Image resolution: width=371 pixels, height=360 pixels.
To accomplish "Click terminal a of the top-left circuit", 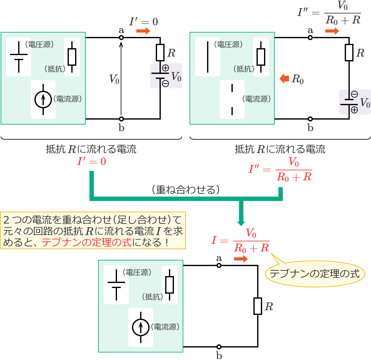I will [x=121, y=38].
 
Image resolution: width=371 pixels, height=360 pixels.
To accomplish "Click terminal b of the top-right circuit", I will [x=310, y=119].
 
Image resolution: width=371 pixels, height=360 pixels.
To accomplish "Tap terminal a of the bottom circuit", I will [x=219, y=265].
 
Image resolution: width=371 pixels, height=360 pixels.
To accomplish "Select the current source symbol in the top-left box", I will [x=43, y=99].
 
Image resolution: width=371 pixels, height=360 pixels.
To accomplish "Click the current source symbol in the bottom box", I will [x=140, y=327].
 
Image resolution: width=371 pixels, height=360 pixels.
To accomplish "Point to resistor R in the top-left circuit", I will [x=160, y=53].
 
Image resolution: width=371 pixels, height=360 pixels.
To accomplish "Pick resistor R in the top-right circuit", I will [x=349, y=53].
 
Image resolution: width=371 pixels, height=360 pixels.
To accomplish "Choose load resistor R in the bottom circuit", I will [x=258, y=306].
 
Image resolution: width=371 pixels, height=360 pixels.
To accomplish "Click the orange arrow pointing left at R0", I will [x=284, y=79].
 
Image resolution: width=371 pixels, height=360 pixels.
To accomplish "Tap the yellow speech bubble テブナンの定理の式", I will [x=315, y=274].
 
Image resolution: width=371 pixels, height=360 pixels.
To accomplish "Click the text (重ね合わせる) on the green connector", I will [x=186, y=190].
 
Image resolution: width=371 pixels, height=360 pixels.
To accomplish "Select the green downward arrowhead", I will [x=241, y=223].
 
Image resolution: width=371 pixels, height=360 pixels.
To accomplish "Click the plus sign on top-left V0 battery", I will [x=165, y=68].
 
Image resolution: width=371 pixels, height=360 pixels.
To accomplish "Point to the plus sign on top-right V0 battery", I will [x=354, y=110].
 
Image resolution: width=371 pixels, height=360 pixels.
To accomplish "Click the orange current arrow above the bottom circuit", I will [x=241, y=259].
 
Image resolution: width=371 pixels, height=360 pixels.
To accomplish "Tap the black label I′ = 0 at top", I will [x=144, y=22].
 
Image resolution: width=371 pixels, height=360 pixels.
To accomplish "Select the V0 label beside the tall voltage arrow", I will [x=114, y=79].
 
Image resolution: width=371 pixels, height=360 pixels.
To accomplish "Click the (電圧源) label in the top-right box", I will [x=228, y=44].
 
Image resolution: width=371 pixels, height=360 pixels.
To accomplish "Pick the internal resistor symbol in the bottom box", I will [x=170, y=285].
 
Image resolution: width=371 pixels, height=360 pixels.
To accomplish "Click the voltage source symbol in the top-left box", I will [x=19, y=57].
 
